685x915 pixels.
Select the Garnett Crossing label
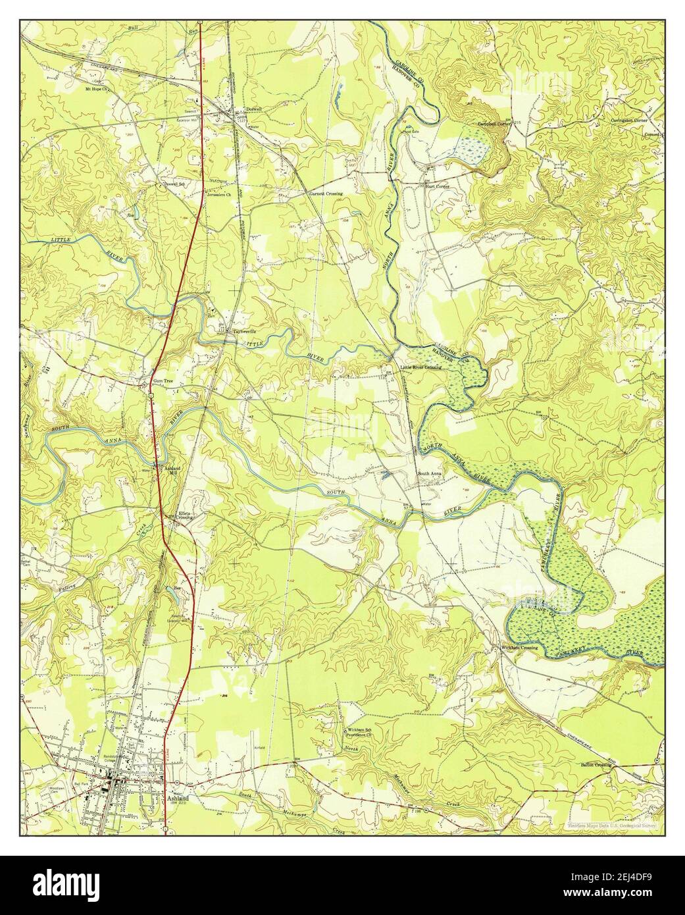tap(326, 194)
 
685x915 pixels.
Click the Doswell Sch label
tap(173, 185)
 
